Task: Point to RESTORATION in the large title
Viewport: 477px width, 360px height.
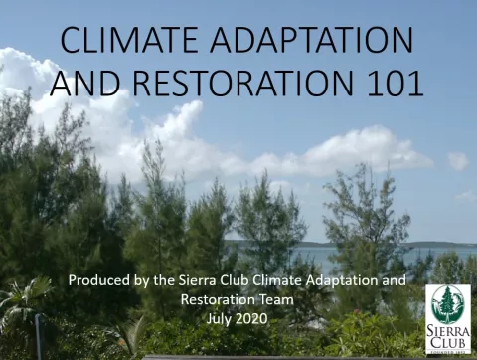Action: click(x=244, y=83)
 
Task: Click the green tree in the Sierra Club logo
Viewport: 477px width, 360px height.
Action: click(x=448, y=304)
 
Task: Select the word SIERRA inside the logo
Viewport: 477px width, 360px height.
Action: click(x=448, y=329)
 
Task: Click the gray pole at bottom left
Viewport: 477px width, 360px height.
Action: click(x=39, y=338)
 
